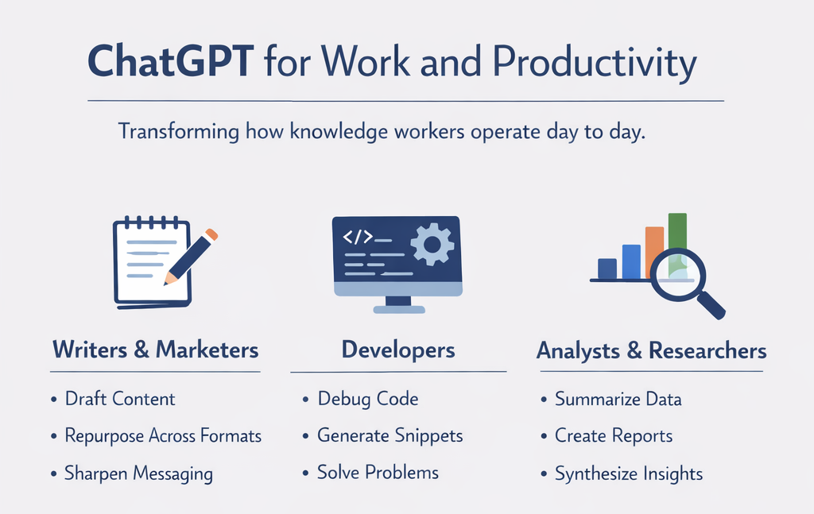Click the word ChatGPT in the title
click(x=170, y=61)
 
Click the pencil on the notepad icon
click(x=191, y=257)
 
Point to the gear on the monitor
click(x=432, y=244)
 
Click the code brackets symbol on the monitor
click(x=358, y=237)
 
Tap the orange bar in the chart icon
click(x=654, y=253)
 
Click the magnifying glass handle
click(x=711, y=306)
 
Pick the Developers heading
click(x=398, y=350)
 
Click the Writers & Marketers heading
click(x=155, y=350)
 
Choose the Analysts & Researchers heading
click(x=652, y=350)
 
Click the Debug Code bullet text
click(x=368, y=399)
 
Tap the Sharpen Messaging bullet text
click(x=138, y=473)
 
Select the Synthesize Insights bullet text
click(x=629, y=473)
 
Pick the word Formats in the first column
click(x=231, y=435)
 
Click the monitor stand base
click(x=399, y=310)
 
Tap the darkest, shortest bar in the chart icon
click(x=607, y=269)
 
